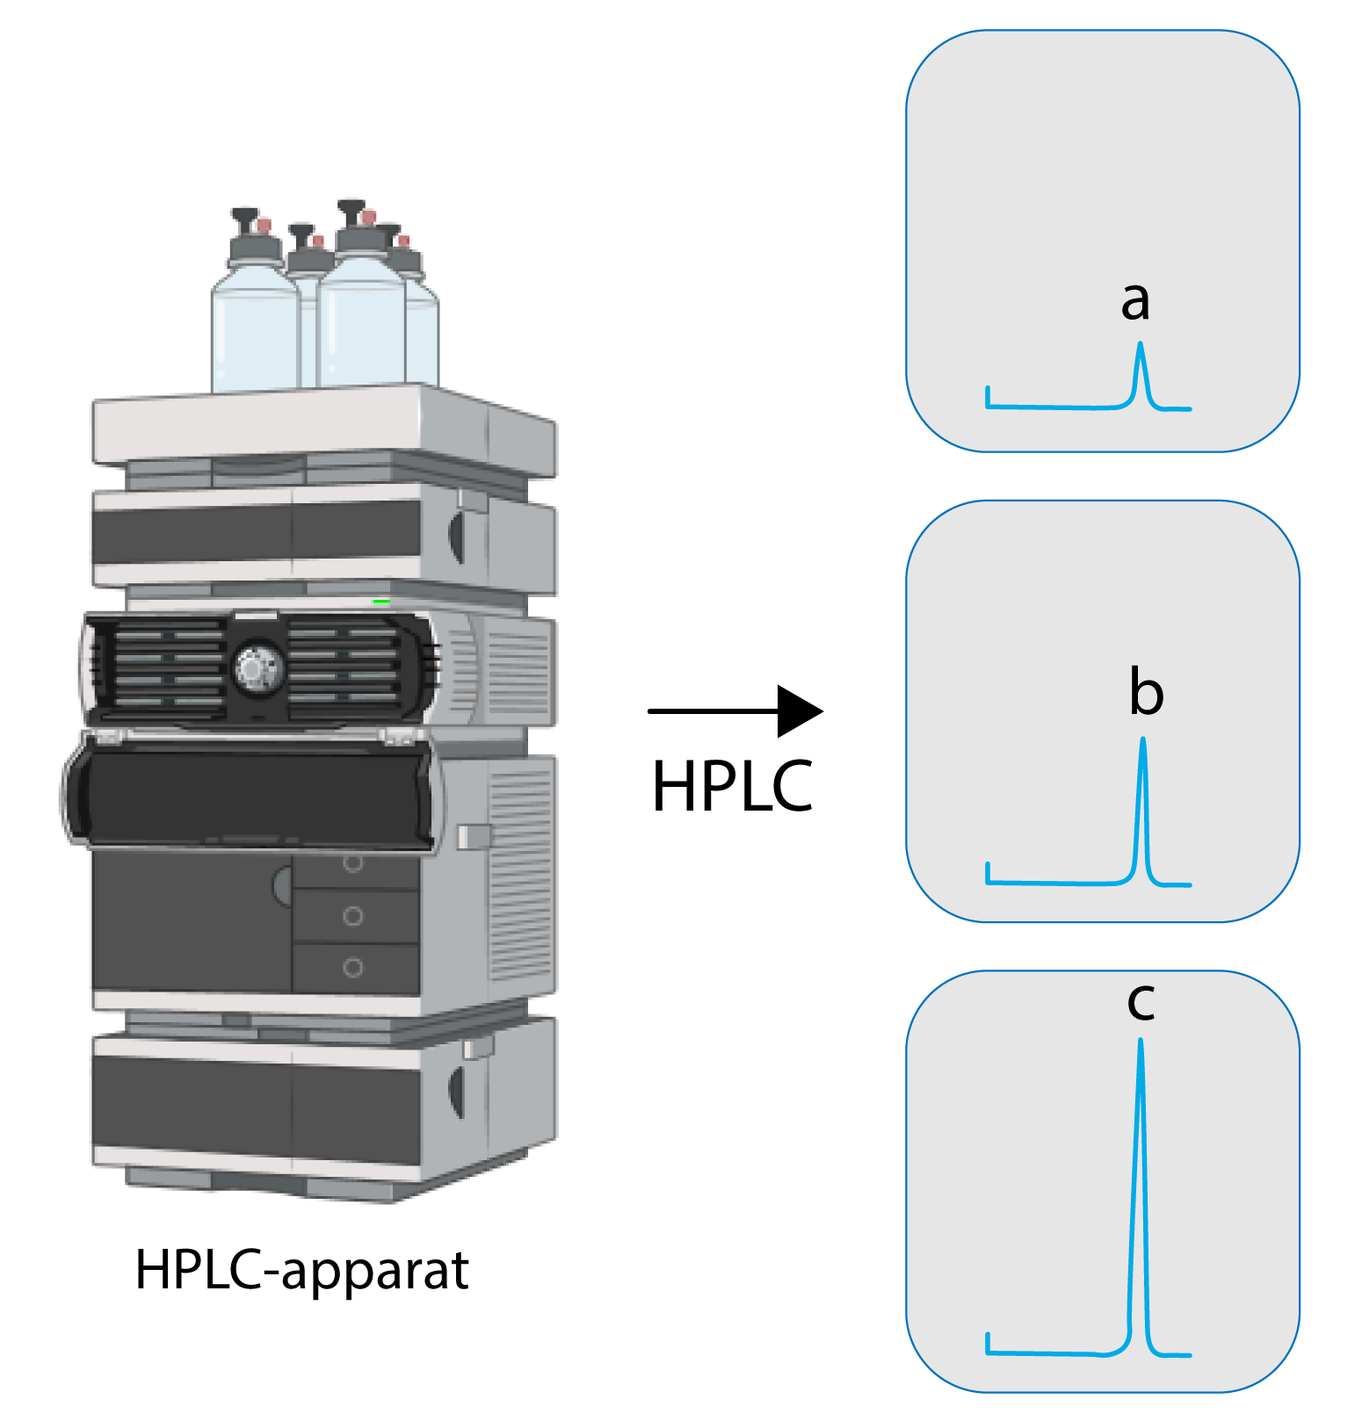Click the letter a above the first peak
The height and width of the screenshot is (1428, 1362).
coord(1134,301)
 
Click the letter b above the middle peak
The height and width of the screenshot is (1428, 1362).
coord(1146,693)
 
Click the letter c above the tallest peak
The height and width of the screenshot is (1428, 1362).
coord(1141,1002)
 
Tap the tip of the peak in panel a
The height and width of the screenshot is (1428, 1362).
coord(1141,344)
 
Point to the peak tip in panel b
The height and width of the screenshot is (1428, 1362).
coord(1142,739)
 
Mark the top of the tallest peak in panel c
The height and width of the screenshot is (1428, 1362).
coord(1141,1042)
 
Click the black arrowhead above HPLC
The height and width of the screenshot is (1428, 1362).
coord(799,711)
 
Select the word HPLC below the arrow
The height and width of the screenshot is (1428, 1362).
coord(732,786)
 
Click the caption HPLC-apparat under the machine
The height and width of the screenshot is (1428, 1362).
coord(301,1270)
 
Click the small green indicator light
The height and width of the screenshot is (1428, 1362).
coord(381,602)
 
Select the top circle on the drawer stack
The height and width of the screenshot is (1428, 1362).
coord(353,863)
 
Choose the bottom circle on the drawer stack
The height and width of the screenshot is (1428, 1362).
coord(353,968)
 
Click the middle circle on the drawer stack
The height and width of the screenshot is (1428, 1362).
coord(353,916)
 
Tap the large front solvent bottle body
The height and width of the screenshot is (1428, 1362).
coord(361,325)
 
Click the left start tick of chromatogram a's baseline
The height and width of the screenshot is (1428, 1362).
coord(989,396)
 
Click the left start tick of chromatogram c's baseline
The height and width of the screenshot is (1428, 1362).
coord(989,1343)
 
